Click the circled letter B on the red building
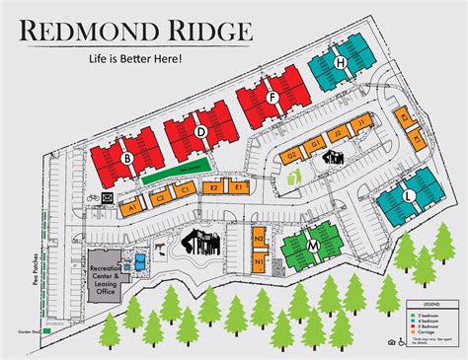127,157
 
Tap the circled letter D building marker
200,131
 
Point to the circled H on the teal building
342,63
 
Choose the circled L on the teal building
408,197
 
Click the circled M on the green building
312,245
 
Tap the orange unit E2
212,187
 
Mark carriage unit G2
291,156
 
